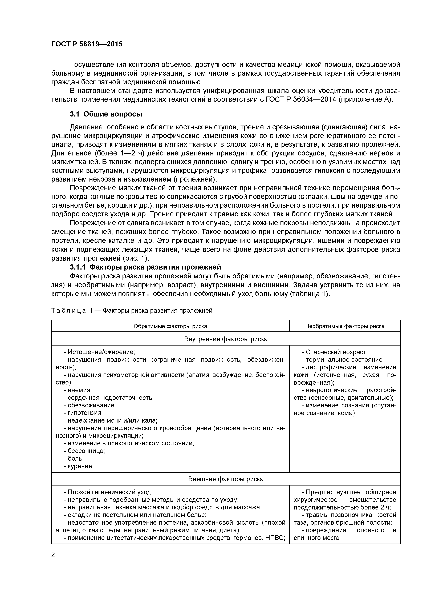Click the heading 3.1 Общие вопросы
click(x=106, y=114)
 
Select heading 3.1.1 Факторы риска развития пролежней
click(x=145, y=267)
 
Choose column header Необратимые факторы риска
click(x=345, y=326)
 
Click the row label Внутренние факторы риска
click(x=226, y=339)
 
